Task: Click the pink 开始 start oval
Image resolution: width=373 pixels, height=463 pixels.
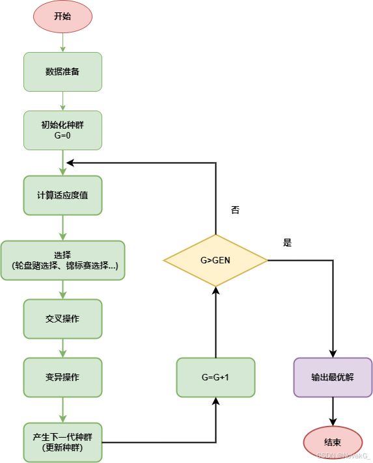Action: (x=62, y=16)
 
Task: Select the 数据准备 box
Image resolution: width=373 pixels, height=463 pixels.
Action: (x=62, y=72)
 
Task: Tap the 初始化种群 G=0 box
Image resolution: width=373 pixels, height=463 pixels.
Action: (x=62, y=130)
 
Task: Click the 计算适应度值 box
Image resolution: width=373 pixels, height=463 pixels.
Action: (x=62, y=195)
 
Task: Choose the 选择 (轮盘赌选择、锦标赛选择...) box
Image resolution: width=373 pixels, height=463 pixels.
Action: (x=62, y=260)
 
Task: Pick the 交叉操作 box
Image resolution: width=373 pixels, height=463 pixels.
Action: (x=62, y=319)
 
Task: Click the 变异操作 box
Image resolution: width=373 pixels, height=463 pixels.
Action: (x=62, y=377)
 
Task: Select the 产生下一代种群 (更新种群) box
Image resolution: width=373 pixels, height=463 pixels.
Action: (x=62, y=442)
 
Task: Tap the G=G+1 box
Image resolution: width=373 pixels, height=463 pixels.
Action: (x=215, y=377)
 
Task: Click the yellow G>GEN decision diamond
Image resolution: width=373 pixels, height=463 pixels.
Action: (x=215, y=260)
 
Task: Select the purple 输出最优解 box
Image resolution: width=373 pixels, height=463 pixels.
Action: (x=333, y=377)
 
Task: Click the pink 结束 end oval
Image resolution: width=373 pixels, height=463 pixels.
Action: (x=333, y=442)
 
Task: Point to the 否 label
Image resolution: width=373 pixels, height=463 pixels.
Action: (x=235, y=210)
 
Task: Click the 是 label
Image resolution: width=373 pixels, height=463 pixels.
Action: (x=287, y=243)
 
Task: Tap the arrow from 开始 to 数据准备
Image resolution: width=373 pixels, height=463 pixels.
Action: (x=62, y=42)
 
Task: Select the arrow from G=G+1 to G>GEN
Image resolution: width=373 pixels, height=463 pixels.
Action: (x=215, y=322)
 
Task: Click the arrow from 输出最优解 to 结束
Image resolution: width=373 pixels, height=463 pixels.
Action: (x=333, y=412)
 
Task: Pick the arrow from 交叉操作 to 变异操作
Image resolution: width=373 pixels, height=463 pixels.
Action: (x=62, y=348)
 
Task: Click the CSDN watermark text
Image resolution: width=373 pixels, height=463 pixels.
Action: (x=343, y=455)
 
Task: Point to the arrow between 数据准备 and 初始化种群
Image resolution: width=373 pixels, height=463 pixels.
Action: (x=62, y=101)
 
